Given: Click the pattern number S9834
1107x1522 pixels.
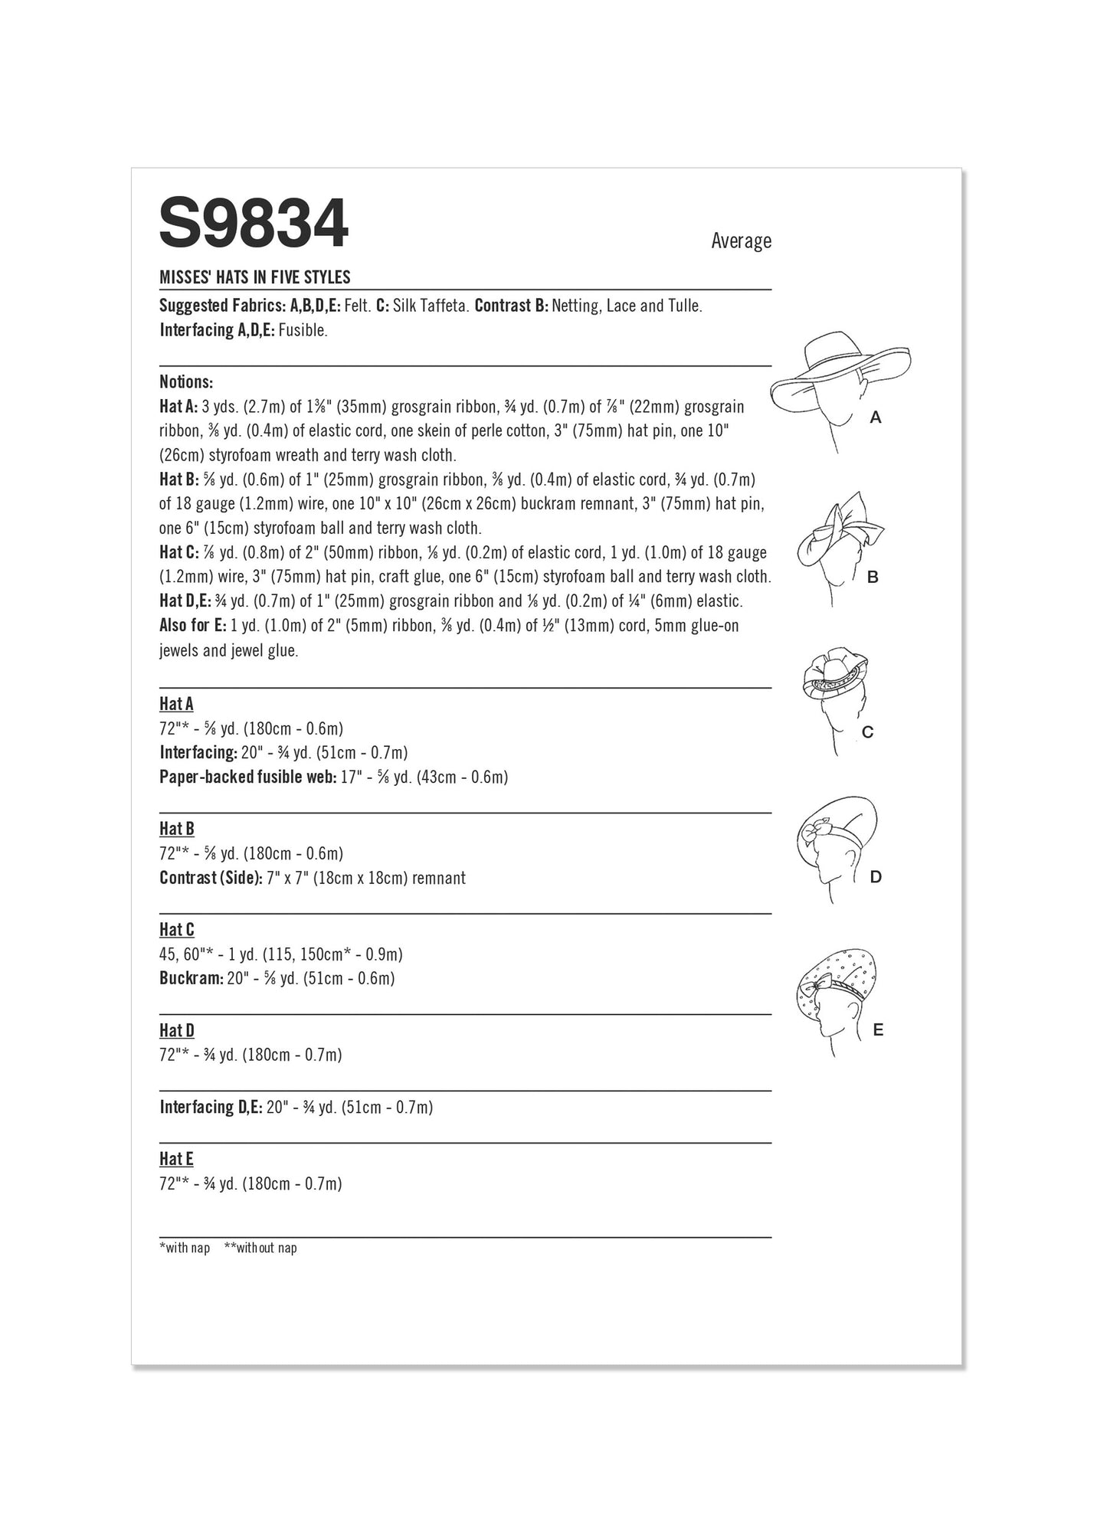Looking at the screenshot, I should coord(254,224).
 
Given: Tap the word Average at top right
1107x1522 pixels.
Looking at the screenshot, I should coord(740,241).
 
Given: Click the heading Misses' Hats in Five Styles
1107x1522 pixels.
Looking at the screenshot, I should coord(254,277).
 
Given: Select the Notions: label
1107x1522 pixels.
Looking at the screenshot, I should coord(186,381).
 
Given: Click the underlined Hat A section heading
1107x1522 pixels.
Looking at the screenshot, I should coord(176,703).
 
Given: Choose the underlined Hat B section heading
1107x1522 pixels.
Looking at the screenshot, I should coord(176,829).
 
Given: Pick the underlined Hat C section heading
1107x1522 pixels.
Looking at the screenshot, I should coord(176,930).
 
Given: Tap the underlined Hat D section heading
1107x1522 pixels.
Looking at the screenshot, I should coord(176,1030).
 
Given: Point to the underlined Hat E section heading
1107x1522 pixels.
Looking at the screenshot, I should coord(176,1159).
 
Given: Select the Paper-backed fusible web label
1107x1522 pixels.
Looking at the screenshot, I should coord(247,777).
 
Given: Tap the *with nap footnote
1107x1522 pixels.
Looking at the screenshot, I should coord(184,1248).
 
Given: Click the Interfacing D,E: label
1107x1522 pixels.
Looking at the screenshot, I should coord(211,1107).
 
